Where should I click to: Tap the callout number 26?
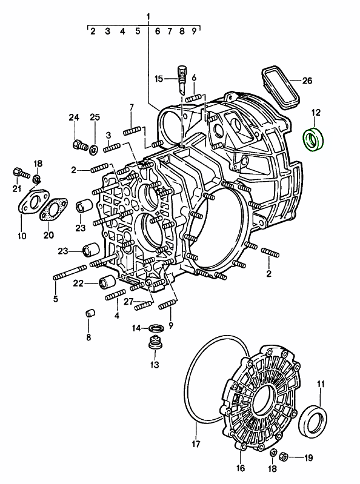tap(307, 81)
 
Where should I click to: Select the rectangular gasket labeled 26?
tap(281, 87)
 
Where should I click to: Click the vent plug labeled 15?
tap(182, 79)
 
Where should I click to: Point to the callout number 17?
tap(196, 444)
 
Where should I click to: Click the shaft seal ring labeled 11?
tap(313, 421)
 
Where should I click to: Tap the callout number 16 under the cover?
tap(240, 468)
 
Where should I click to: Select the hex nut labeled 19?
tap(284, 457)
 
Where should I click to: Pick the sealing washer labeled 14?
tap(156, 328)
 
